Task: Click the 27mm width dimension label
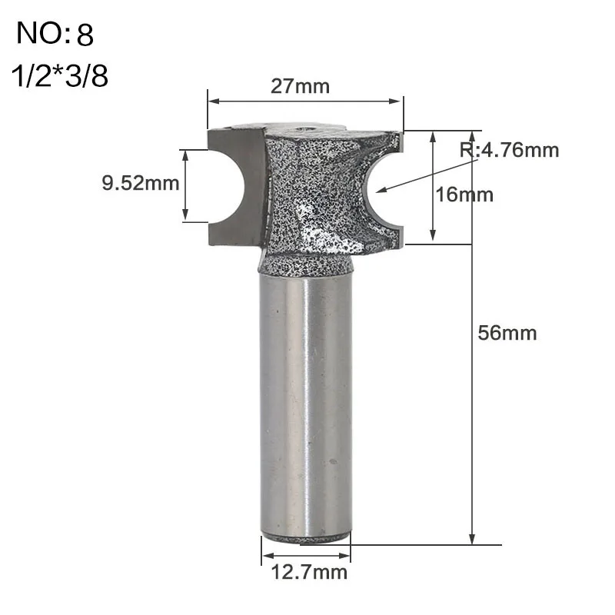pyautogui.click(x=300, y=86)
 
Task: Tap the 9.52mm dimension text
pyautogui.click(x=140, y=183)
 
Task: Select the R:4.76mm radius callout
pyautogui.click(x=509, y=150)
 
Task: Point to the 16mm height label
pyautogui.click(x=464, y=194)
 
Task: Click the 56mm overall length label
pyautogui.click(x=507, y=333)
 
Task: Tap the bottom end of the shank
pyautogui.click(x=306, y=537)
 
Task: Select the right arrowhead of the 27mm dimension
pyautogui.click(x=399, y=101)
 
